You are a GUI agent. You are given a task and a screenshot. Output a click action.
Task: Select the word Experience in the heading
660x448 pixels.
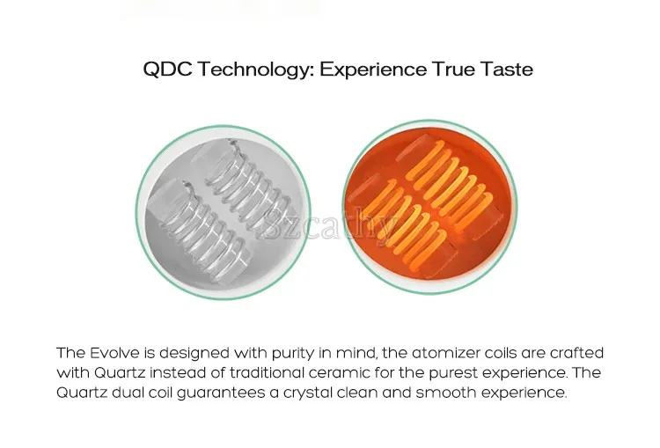373,70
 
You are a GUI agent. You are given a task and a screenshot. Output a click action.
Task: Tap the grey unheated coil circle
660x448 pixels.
224,212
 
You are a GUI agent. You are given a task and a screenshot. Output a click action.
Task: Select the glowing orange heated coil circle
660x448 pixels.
430,207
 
